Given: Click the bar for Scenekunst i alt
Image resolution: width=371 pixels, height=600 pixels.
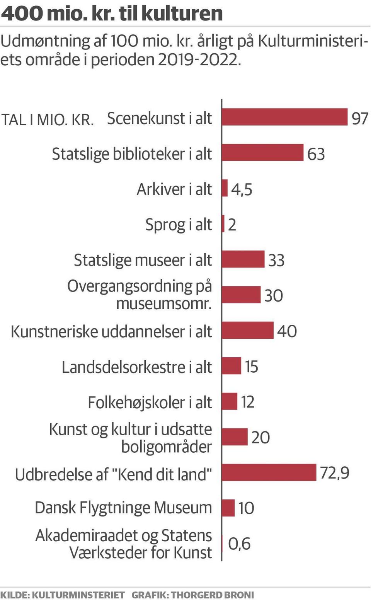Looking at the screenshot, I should point(285,117).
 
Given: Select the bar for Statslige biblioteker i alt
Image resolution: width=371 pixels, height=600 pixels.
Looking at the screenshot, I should point(263,153).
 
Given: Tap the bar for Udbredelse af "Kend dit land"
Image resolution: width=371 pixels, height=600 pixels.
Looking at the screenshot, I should point(269,472).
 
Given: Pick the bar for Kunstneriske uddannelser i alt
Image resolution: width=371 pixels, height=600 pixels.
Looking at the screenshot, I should point(248,331).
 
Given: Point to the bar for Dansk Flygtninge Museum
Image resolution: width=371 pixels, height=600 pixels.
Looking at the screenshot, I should point(228,508).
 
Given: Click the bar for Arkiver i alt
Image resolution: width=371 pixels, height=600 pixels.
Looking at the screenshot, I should point(225,188).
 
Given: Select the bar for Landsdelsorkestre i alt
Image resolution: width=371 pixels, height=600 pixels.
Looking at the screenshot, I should point(231,366).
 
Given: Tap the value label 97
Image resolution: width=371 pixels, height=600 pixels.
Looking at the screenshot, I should point(359,118).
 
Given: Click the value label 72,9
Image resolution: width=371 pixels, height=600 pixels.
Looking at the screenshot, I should point(335,473).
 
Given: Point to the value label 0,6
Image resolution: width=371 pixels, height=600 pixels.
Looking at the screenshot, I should point(239,544).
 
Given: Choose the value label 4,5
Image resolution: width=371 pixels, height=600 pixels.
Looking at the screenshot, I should point(242,189).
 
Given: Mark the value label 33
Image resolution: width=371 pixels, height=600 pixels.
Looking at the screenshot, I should point(276,260).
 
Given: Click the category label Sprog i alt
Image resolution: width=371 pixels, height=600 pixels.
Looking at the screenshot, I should point(179,225).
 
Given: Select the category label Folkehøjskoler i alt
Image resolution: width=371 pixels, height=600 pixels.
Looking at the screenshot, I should point(150,402).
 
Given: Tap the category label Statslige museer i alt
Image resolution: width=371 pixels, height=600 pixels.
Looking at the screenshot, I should point(143,260).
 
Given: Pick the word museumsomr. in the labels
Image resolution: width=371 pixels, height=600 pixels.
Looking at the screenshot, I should point(164,303).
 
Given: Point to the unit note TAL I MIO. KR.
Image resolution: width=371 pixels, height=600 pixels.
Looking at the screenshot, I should point(48,119).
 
